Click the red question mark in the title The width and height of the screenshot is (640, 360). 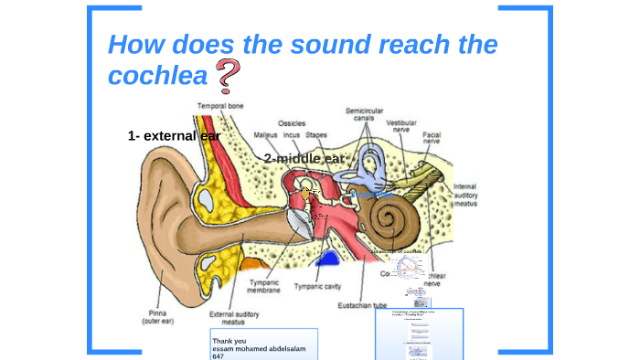230,77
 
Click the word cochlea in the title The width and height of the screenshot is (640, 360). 158,77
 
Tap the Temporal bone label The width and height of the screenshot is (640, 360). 220,106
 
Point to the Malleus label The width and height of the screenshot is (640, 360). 266,135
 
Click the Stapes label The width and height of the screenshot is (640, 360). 316,135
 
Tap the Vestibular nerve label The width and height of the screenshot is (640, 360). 402,126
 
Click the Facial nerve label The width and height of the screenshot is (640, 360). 432,140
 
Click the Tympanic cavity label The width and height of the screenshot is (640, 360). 318,286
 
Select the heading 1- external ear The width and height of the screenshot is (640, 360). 174,135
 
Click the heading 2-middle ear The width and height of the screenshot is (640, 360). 305,158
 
